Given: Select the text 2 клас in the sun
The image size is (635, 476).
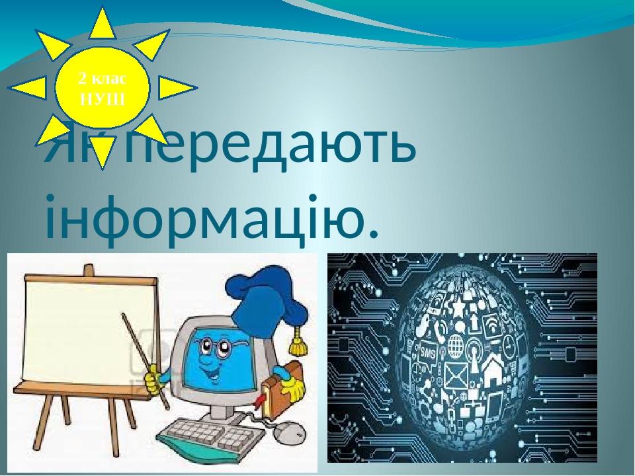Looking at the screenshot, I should coord(103,79).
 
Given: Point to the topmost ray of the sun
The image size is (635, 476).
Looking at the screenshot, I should coord(102,23).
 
